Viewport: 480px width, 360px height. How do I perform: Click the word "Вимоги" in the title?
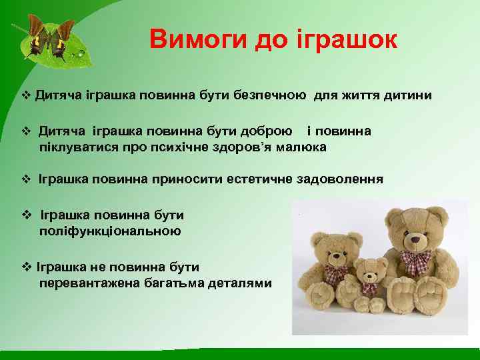199,39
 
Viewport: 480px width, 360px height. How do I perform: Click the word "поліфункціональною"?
110,231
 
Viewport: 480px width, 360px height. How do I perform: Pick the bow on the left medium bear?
337,273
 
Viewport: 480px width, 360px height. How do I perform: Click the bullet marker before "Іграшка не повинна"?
27,267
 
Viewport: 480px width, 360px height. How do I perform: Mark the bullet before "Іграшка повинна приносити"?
27,179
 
